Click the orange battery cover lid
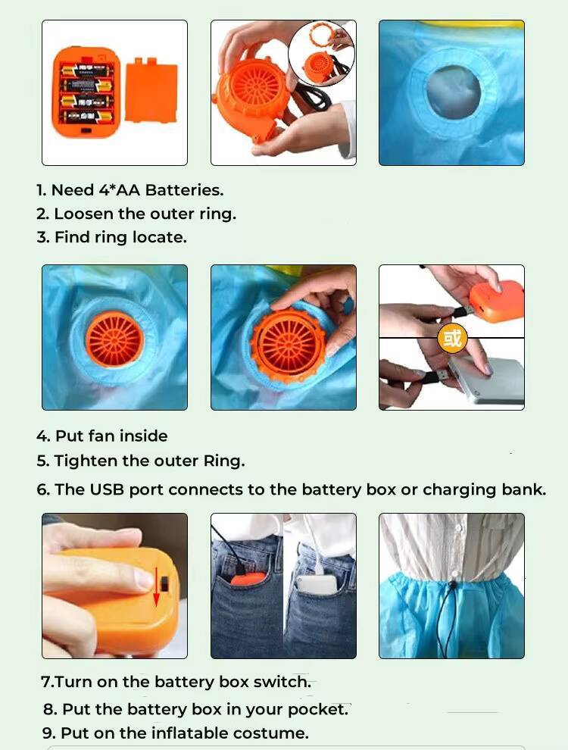pyautogui.click(x=151, y=90)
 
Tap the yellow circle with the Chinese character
pyautogui.click(x=452, y=338)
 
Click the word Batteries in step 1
pyautogui.click(x=184, y=190)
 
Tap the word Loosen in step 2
pyautogui.click(x=84, y=214)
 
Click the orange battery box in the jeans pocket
pyautogui.click(x=248, y=578)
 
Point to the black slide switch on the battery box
pyautogui.click(x=164, y=583)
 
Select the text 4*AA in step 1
pyautogui.click(x=119, y=190)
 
